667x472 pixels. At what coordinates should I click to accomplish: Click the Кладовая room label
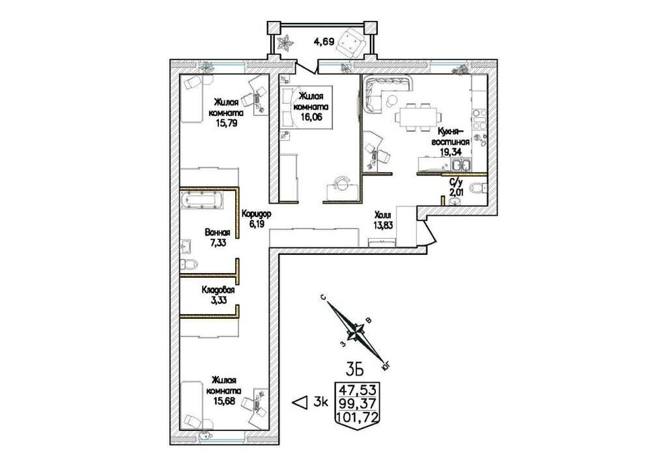point(218,290)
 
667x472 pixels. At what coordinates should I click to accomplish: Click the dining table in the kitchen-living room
point(418,115)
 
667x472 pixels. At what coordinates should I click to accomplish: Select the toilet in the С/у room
point(478,187)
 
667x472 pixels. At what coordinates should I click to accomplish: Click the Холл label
point(383,215)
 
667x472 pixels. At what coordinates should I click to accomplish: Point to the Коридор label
point(256,214)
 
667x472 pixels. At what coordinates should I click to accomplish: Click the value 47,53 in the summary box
point(357,390)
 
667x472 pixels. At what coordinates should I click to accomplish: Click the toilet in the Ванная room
point(189,264)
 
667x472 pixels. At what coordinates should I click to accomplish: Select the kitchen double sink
point(461,165)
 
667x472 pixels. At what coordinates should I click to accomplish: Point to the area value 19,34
point(451,151)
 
